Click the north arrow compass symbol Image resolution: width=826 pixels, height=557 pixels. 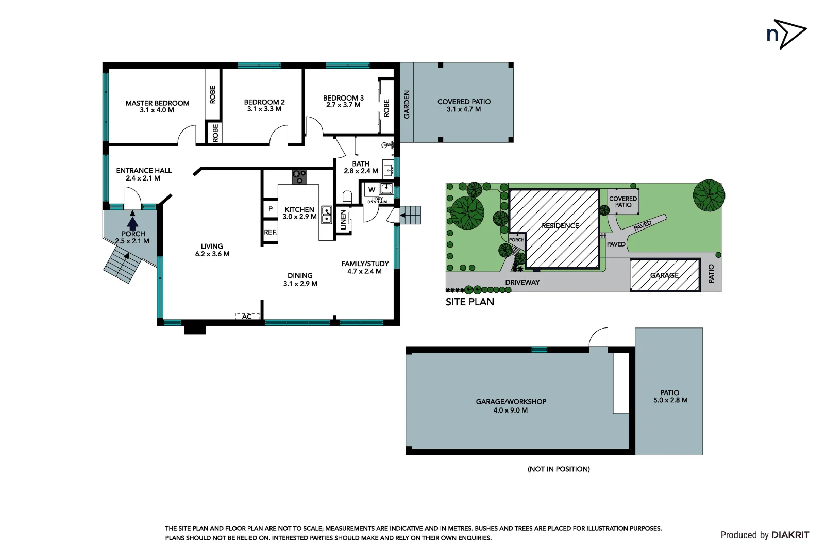pos(786,35)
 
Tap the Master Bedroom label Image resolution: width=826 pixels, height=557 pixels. pos(157,103)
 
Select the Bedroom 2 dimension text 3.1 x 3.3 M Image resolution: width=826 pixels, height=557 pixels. pos(264,109)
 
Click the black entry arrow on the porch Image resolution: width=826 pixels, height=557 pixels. pos(132,223)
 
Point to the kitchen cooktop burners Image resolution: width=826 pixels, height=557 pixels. pos(299,176)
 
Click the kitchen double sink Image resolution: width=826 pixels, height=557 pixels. pos(326,215)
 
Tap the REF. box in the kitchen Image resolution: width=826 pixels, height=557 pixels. pos(270,233)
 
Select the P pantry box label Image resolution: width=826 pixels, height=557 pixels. pos(270,209)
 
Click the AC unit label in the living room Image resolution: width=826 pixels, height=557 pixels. pos(247,317)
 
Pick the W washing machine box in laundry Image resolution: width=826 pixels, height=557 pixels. pos(372,190)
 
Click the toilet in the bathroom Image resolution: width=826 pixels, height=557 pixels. pos(347,197)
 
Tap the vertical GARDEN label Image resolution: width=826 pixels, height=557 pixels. pos(407,105)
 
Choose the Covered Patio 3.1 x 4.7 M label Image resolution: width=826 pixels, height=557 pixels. pos(464,105)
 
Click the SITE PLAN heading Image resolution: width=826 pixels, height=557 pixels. pos(469,302)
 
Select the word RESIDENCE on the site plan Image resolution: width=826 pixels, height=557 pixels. pos(560,226)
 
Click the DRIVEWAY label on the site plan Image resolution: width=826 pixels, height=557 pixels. pos(522,282)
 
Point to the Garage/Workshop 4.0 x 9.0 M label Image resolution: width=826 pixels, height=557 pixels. pos(511,406)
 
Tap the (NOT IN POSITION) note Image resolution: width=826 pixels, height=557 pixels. pos(559,469)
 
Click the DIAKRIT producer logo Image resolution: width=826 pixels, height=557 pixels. pos(790,535)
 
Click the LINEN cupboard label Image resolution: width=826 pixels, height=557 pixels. pos(343,220)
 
